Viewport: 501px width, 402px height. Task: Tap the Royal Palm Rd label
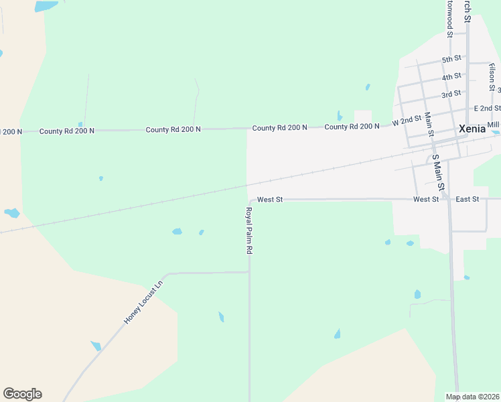(x=248, y=230)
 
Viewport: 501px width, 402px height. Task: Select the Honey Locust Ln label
(x=143, y=302)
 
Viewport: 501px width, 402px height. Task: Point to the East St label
(x=467, y=199)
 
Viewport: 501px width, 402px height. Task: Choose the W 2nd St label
(x=407, y=121)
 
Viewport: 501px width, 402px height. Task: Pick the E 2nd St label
(x=487, y=108)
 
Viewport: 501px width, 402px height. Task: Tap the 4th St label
(x=451, y=77)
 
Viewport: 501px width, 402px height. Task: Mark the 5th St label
(x=451, y=59)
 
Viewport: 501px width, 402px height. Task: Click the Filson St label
(x=492, y=78)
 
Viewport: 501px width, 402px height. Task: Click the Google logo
(x=22, y=394)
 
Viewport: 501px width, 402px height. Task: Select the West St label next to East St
(x=426, y=199)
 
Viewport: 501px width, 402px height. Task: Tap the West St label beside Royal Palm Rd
(x=270, y=199)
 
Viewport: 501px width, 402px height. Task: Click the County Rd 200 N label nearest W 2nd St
(x=352, y=126)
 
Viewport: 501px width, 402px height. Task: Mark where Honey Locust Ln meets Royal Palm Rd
(x=249, y=272)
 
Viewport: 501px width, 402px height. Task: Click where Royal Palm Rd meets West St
(x=250, y=200)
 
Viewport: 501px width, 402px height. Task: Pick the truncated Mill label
(x=493, y=125)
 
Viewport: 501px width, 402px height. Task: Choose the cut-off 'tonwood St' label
(x=450, y=18)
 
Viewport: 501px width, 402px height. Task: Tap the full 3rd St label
(x=451, y=94)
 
